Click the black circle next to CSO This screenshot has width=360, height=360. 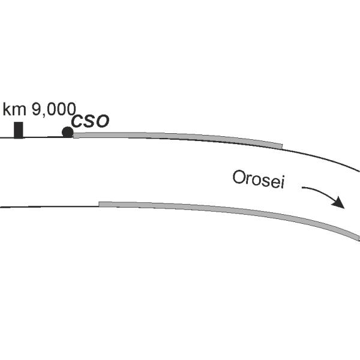click(x=68, y=132)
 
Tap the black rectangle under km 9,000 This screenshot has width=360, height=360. click(x=19, y=130)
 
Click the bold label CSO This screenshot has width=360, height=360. click(x=90, y=121)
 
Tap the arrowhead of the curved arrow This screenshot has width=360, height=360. click(x=340, y=203)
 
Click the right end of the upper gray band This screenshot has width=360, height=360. click(x=281, y=145)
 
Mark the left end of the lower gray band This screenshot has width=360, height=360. click(x=100, y=205)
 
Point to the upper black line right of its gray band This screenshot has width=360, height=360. click(x=324, y=158)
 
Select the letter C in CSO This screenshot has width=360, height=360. click(x=76, y=121)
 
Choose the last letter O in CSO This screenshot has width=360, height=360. click(x=103, y=121)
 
